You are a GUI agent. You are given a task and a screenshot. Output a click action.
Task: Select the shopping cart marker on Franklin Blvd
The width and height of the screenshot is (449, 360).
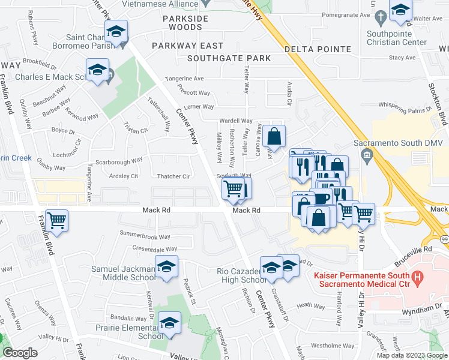click(x=57, y=220)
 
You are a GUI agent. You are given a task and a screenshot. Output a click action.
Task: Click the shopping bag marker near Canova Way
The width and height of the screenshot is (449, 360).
click(x=274, y=137)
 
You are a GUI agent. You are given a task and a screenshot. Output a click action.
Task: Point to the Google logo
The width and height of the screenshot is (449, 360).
click(x=20, y=353)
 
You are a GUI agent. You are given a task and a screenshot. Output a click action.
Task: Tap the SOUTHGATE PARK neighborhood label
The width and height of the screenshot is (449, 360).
click(x=229, y=59)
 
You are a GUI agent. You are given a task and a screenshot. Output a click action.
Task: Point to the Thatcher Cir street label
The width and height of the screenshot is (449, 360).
click(x=173, y=176)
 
